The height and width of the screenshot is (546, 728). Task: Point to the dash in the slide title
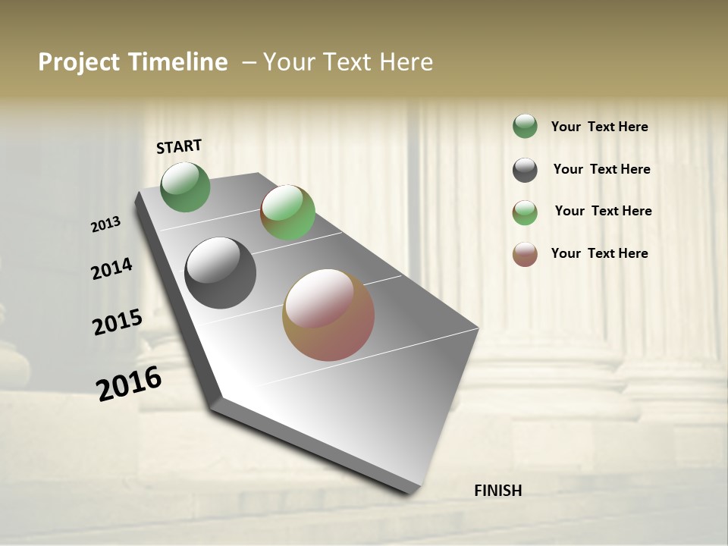[249, 62]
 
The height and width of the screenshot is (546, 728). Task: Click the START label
[179, 146]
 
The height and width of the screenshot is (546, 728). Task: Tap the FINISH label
[497, 491]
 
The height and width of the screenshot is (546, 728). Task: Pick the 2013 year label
[106, 224]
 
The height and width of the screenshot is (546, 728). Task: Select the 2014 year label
[111, 269]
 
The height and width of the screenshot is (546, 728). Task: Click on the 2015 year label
[118, 322]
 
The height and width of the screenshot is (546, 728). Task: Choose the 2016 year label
[129, 383]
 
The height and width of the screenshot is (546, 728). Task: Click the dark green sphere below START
[186, 187]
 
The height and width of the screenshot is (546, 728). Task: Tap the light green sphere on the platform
[287, 212]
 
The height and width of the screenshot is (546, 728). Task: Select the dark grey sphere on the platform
[220, 273]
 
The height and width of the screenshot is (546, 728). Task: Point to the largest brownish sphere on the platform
[328, 315]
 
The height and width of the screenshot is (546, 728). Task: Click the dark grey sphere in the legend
[525, 170]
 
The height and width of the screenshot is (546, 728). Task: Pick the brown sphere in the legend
[525, 254]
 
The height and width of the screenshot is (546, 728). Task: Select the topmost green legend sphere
[525, 126]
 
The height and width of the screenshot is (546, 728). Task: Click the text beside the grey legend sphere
[601, 169]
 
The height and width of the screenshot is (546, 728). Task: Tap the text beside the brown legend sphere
[599, 253]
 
